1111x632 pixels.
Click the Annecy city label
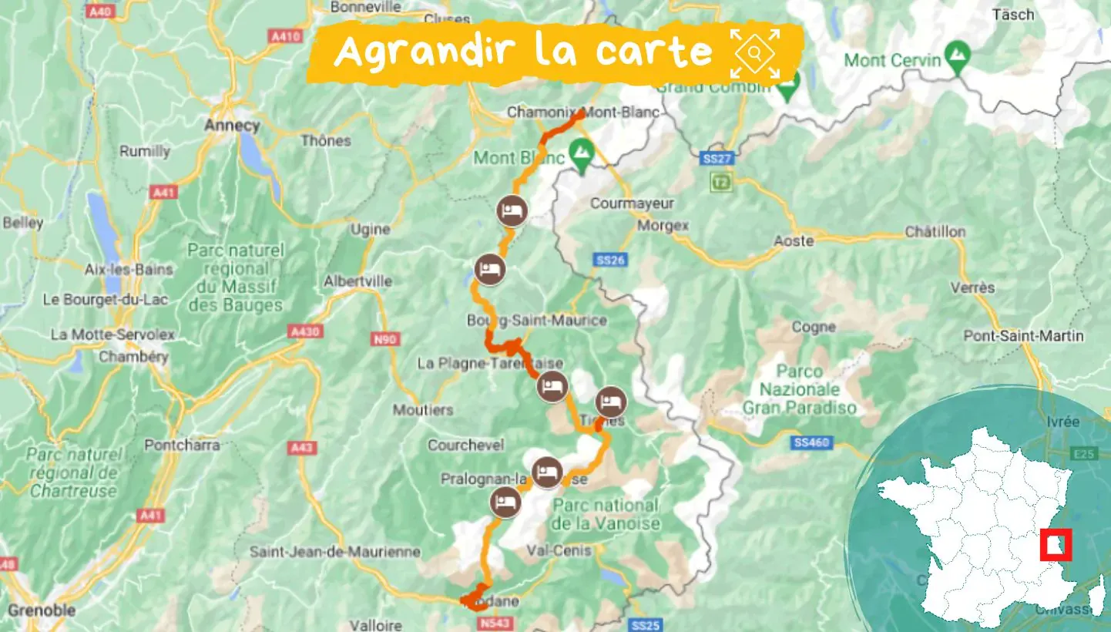pos(232,125)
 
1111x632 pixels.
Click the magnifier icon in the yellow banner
pos(755,53)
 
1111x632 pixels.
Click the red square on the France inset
pos(1055,544)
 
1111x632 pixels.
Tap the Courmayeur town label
pos(632,203)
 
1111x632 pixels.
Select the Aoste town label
pos(794,240)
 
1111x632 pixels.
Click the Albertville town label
pos(357,281)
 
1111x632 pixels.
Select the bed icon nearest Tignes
pos(610,402)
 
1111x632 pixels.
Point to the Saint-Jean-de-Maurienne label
pos(335,552)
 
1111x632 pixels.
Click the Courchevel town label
pos(466,445)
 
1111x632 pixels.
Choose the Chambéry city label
pos(133,357)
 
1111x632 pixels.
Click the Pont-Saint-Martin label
pos(1023,336)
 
